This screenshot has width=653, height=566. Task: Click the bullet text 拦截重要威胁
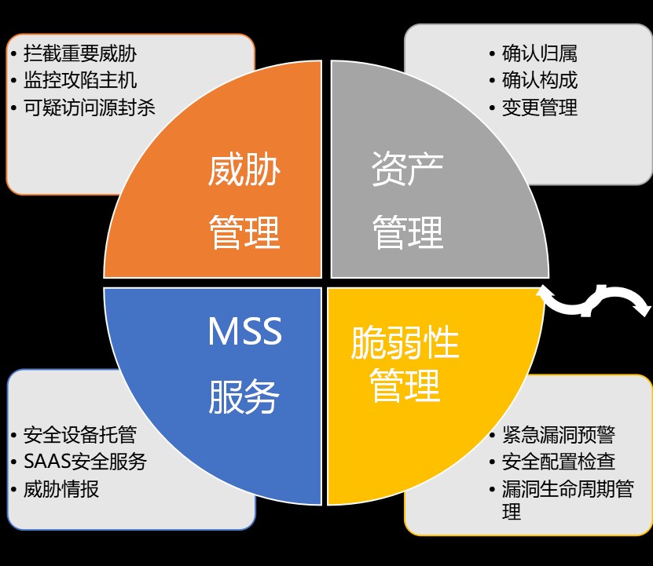80,53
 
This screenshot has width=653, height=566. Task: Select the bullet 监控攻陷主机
80,80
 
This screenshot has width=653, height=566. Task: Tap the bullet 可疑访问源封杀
90,107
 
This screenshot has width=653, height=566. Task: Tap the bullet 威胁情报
61,488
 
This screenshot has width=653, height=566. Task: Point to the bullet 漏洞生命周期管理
567,489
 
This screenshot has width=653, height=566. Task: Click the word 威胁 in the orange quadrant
244,170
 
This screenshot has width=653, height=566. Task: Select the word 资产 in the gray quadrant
407,170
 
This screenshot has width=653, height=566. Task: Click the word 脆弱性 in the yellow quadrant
405,343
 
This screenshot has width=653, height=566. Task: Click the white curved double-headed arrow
595,302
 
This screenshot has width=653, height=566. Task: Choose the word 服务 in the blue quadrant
244,397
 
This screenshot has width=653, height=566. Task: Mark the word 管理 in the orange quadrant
244,232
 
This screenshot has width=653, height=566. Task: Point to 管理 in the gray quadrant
407,232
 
